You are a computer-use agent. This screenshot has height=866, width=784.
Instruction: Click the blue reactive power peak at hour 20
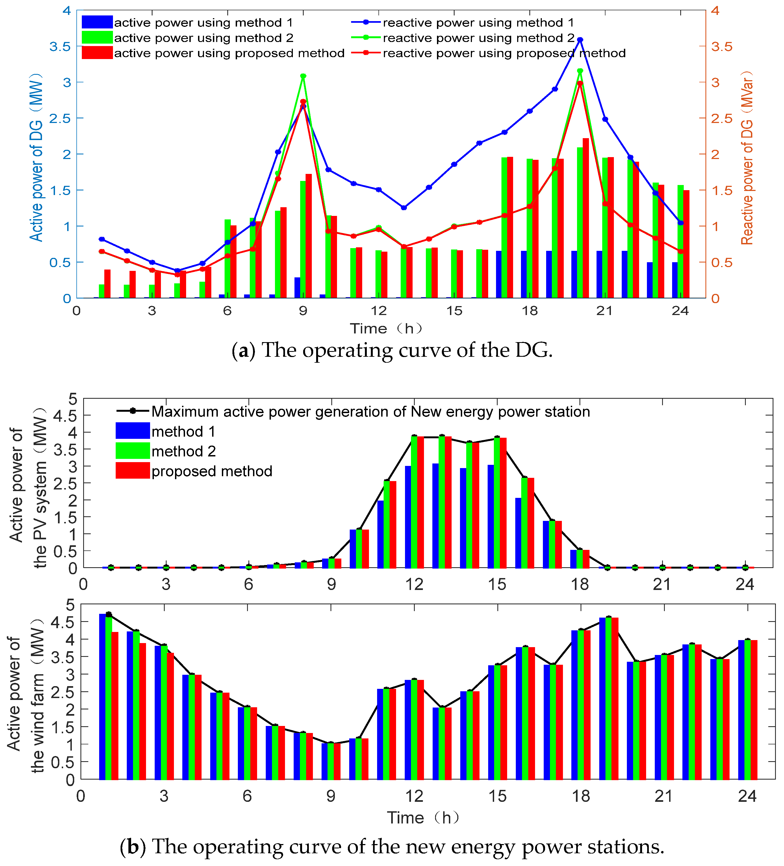[x=580, y=40]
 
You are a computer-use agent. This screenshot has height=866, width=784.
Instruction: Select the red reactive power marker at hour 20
[x=580, y=84]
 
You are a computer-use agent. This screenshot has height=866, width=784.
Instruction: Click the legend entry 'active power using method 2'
[x=203, y=38]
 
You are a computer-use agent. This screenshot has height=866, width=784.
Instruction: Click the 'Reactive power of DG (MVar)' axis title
[x=747, y=158]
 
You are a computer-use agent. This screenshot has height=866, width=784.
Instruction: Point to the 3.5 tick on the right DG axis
[x=721, y=46]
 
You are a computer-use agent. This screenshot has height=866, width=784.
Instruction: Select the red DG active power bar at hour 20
[x=585, y=218]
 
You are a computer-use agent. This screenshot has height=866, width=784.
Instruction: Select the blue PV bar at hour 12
[x=408, y=517]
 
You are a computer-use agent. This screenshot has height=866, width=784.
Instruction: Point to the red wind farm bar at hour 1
[x=115, y=705]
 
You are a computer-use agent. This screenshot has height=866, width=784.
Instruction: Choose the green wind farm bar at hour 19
[x=608, y=698]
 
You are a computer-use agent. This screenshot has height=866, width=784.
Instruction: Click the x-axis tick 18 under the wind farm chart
[x=581, y=796]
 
